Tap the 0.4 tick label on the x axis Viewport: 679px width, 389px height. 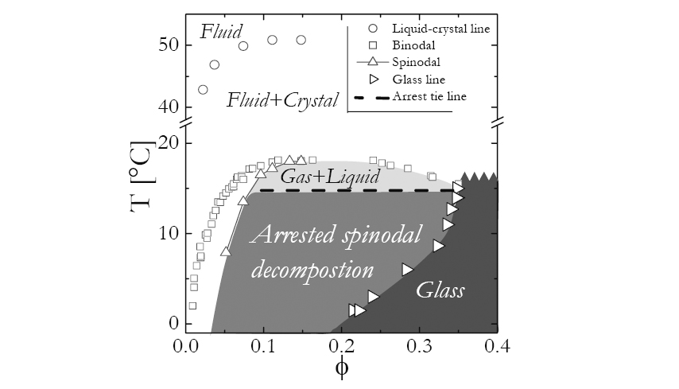pos(498,347)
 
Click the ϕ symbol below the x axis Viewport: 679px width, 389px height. pos(342,368)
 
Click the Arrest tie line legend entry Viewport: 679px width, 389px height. pos(429,96)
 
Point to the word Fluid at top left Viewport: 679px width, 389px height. pos(221,32)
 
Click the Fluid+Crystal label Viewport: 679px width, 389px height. pos(282,100)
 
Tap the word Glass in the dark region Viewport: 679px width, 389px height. pos(440,290)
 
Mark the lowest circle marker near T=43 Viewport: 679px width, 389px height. pos(203,90)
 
